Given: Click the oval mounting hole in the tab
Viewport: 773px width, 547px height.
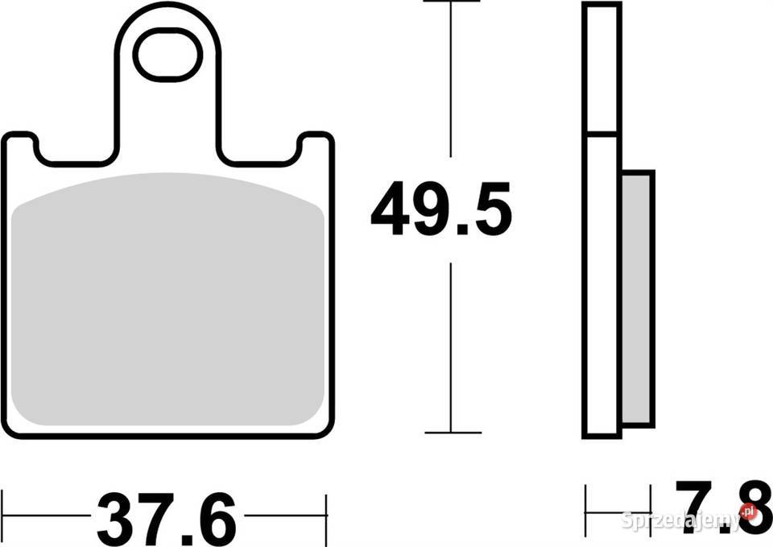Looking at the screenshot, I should (167, 55).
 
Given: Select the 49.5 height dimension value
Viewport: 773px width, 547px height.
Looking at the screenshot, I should (441, 210).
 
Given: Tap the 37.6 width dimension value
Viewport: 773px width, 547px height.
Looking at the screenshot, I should (167, 519).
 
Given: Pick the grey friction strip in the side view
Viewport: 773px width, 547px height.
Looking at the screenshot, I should (636, 297).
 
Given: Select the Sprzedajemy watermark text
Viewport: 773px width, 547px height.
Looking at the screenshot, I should (680, 520).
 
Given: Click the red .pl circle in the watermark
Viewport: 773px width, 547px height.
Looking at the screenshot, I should (749, 511).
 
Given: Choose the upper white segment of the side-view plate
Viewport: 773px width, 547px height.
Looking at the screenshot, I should (601, 68).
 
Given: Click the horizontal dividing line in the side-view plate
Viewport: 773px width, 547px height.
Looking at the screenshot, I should (601, 133).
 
